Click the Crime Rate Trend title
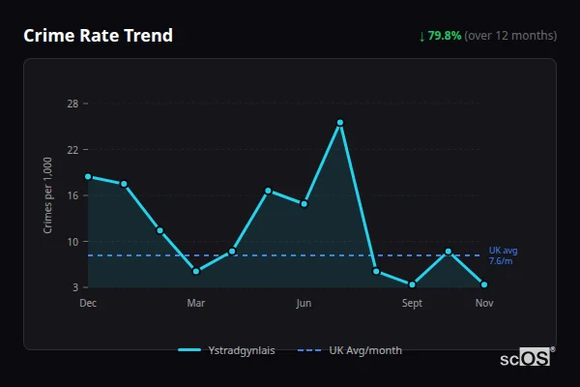pos(98,36)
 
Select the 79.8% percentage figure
pos(445,36)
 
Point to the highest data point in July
pos(340,123)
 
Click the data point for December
pos(88,176)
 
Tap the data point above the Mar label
pos(196,271)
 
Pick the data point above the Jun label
pos(304,204)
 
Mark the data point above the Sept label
pos(413,284)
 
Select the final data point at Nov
pos(484,284)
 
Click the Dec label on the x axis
pos(88,303)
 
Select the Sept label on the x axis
pos(413,303)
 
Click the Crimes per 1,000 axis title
pos(47,195)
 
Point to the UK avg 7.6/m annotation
pos(503,255)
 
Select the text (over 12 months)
pos(510,36)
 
